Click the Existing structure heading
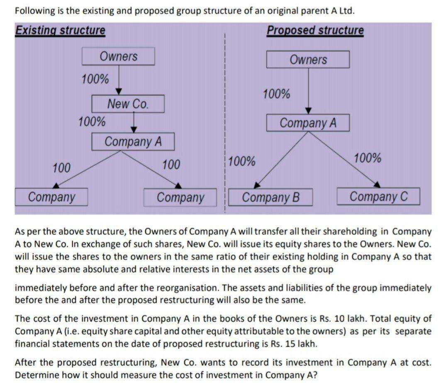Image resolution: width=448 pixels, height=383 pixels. coord(60,30)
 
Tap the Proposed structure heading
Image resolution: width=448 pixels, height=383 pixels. coord(315,30)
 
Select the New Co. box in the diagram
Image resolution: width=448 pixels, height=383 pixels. coord(128,104)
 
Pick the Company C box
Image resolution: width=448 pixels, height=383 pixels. coord(378,196)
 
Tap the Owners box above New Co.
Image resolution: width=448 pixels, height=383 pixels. coord(118,56)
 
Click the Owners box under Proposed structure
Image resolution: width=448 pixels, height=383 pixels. coord(308,60)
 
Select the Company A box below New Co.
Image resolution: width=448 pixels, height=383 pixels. coord(133,142)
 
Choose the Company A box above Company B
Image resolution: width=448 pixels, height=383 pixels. coord(308,123)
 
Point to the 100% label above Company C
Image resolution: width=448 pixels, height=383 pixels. coord(368,158)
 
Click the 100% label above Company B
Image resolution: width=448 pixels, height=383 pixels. coord(242,161)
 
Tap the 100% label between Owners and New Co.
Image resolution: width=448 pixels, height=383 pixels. coord(95,79)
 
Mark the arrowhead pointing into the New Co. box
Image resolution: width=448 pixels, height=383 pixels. coord(119,92)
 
